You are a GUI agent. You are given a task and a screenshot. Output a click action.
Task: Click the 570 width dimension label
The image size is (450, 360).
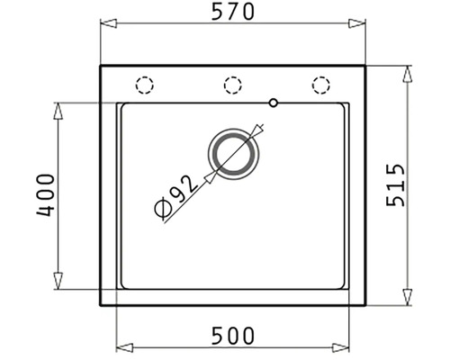tap(233, 12)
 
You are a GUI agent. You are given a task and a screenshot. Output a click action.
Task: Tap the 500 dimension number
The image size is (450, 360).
tap(233, 336)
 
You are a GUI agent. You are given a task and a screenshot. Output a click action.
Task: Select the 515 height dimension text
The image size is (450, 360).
tap(395, 185)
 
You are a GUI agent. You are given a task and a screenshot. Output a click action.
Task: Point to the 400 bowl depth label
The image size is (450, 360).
tap(46, 195)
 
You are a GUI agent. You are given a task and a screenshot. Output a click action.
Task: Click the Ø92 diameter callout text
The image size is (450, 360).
tap(175, 196)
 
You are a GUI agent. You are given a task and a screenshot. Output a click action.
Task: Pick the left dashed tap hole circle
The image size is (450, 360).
tap(144, 85)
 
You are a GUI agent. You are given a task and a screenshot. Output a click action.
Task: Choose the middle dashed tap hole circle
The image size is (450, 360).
tap(232, 85)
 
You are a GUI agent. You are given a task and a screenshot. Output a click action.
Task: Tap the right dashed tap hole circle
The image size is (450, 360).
tap(320, 85)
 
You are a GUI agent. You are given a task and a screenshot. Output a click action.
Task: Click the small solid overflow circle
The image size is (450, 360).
tap(274, 103)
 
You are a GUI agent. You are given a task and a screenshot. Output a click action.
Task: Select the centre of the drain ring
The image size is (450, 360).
tap(233, 154)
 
